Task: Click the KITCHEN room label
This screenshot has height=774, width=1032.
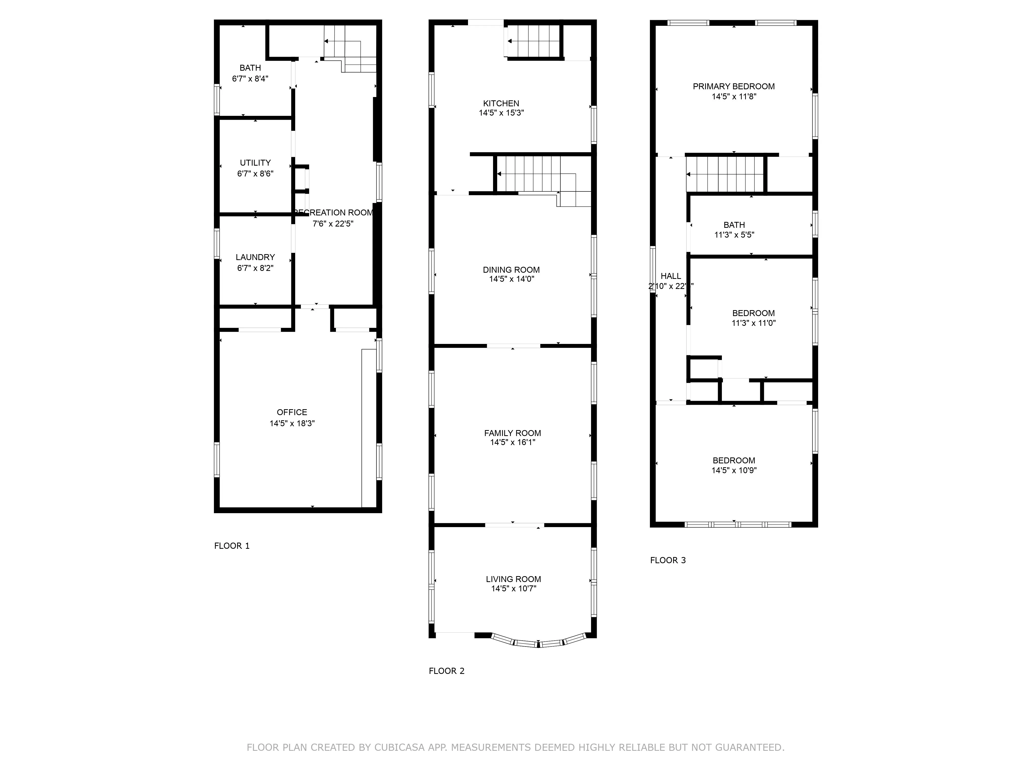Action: pyautogui.click(x=501, y=103)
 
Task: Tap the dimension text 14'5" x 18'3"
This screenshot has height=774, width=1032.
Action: pyautogui.click(x=292, y=423)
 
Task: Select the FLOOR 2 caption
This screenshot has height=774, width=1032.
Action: pyautogui.click(x=447, y=671)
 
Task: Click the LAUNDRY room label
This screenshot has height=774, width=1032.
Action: pyautogui.click(x=255, y=257)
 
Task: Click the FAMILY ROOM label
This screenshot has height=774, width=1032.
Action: pyautogui.click(x=512, y=433)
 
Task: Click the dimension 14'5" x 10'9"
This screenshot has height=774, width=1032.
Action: pyautogui.click(x=734, y=470)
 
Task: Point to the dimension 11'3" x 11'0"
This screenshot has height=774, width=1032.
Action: pyautogui.click(x=753, y=323)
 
